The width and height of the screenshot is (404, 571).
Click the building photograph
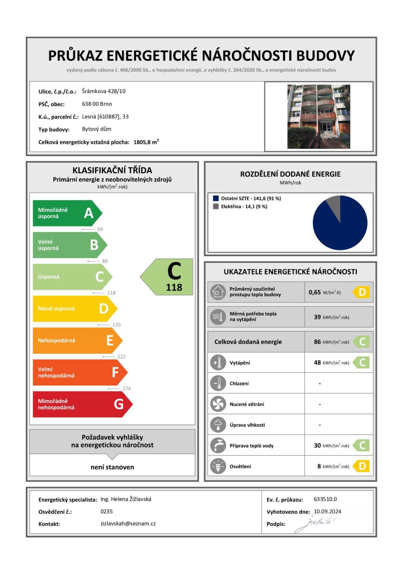319,117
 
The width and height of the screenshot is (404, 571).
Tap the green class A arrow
67,213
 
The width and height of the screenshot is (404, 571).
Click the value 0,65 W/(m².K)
324,292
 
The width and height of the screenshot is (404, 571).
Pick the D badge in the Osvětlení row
362,466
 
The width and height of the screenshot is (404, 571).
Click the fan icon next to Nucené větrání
218,404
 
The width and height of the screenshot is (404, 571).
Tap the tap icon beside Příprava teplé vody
218,446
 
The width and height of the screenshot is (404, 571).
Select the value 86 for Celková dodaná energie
317,342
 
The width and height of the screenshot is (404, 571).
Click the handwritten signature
316,524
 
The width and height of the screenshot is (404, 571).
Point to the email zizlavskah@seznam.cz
128,524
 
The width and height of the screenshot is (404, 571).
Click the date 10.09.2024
327,511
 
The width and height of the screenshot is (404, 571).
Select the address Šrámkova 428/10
104,91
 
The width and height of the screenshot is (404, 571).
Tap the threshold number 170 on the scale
116,325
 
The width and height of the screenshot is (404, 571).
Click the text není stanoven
112,467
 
